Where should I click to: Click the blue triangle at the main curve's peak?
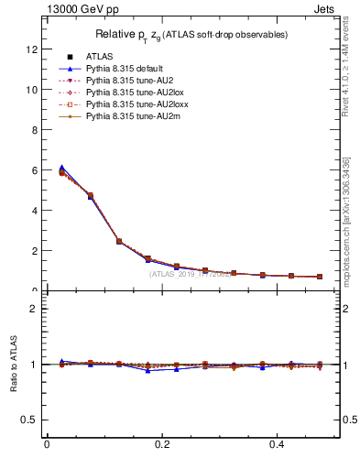pyautogui.click(x=61, y=168)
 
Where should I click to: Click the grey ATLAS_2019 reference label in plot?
pyautogui.click(x=189, y=273)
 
